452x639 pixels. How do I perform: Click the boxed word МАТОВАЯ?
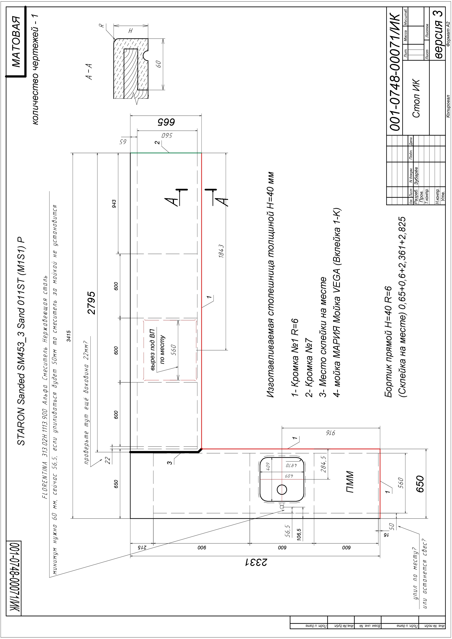pyautogui.click(x=16, y=42)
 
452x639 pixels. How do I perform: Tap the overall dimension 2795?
pyautogui.click(x=91, y=303)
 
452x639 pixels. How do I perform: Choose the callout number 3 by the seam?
pyautogui.click(x=169, y=463)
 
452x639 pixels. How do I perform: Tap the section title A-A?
pyautogui.click(x=89, y=72)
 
